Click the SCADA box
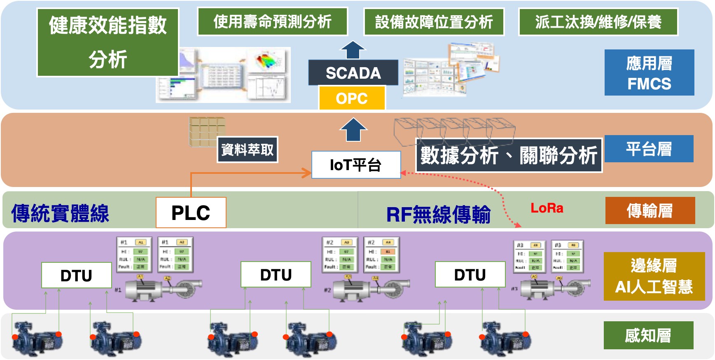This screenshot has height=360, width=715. click(x=353, y=73)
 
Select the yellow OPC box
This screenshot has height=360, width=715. click(x=352, y=98)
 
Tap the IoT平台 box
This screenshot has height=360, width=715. click(x=356, y=165)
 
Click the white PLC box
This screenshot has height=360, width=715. click(x=191, y=213)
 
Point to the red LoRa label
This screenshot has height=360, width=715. click(x=547, y=208)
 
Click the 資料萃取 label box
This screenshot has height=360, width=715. click(x=247, y=150)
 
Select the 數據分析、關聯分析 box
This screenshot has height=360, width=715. click(x=509, y=155)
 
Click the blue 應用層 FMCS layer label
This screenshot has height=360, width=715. click(x=649, y=73)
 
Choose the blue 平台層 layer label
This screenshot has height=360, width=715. click(x=649, y=149)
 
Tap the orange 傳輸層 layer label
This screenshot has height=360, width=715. click(x=650, y=210)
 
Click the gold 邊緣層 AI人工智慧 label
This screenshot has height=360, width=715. click(x=654, y=276)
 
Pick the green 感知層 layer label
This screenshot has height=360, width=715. click(x=648, y=335)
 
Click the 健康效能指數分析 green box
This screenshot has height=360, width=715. click(x=108, y=42)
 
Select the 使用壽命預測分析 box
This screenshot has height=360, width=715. click(x=273, y=22)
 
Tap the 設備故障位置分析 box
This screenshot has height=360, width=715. click(x=434, y=22)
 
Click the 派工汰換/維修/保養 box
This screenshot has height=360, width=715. click(x=598, y=22)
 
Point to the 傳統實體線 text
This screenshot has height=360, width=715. click(x=60, y=213)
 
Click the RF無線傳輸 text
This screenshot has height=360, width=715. click(x=438, y=215)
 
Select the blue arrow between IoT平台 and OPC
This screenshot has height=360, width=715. click(x=353, y=130)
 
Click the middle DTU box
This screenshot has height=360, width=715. click(x=276, y=275)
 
